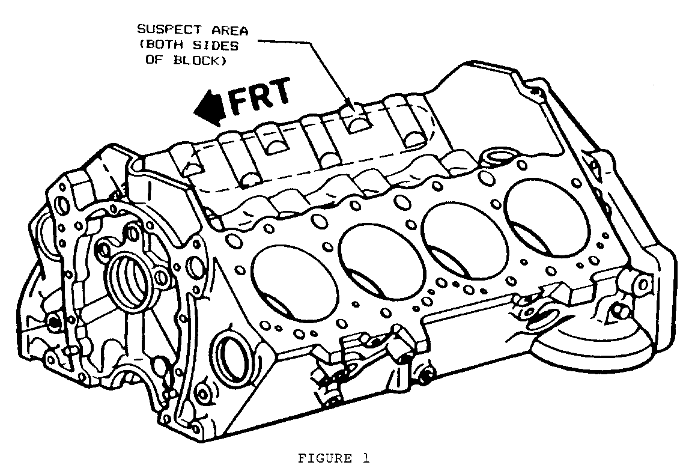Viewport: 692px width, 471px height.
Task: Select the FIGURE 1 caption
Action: click(333, 458)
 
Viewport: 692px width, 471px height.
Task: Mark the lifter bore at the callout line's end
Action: click(356, 123)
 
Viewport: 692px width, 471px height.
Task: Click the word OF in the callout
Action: click(154, 61)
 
